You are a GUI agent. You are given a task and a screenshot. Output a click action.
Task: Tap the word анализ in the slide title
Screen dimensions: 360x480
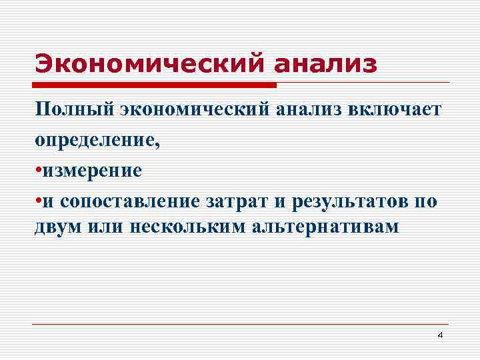(x=325, y=65)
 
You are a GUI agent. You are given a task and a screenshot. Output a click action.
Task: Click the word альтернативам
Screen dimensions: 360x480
(x=326, y=227)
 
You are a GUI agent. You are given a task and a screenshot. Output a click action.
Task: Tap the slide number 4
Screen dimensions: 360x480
(x=439, y=335)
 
